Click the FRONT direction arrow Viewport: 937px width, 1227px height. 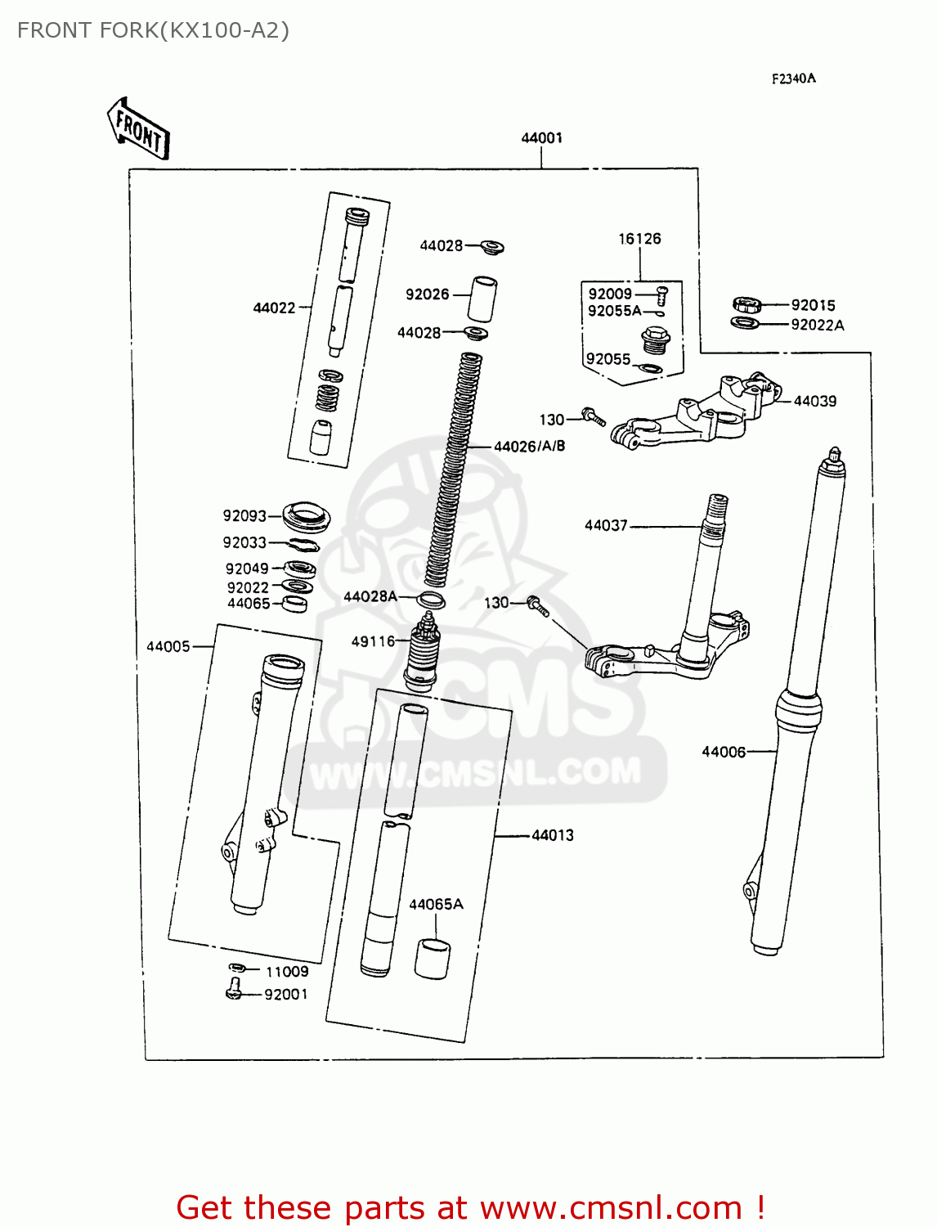138,129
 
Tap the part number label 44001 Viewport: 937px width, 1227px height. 541,137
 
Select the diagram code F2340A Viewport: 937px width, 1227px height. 793,79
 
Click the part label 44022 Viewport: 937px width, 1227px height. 274,308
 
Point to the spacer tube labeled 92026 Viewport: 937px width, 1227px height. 482,299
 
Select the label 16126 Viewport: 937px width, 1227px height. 639,239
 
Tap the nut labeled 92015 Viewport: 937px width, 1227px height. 746,305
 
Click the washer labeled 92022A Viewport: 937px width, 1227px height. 744,323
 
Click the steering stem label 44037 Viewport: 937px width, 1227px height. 606,525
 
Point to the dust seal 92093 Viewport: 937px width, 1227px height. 307,516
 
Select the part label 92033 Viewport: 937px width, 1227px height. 244,542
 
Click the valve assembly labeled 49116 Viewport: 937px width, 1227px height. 422,650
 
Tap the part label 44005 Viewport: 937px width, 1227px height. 168,646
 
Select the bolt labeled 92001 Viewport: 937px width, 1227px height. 234,991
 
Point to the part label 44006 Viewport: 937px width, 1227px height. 724,751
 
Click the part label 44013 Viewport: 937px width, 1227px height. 553,835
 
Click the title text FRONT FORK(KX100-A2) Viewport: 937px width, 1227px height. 153,30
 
